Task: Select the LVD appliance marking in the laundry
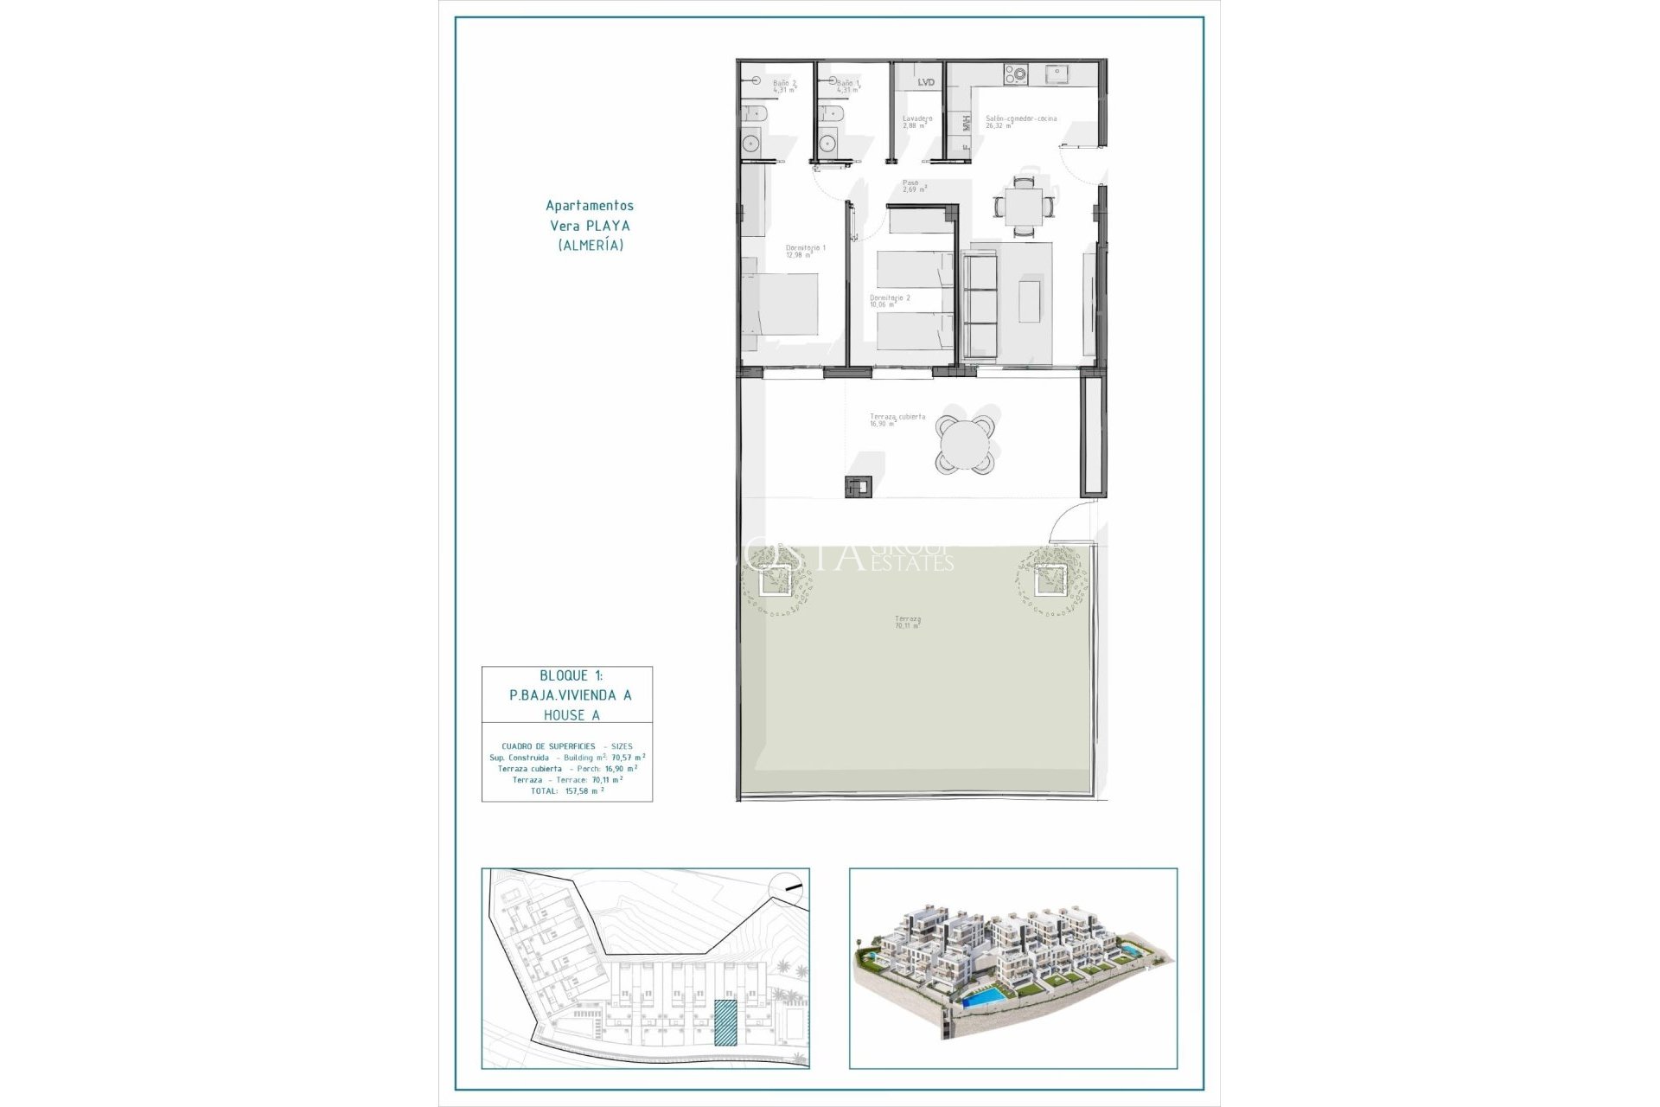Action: tap(926, 82)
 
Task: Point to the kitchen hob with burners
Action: tap(1014, 75)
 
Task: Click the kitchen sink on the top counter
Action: tap(1057, 74)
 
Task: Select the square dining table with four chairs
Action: tap(1024, 207)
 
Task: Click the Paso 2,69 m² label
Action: tap(913, 185)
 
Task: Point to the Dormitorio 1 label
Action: tap(805, 251)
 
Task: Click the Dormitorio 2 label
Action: tap(889, 300)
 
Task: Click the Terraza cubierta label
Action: tap(897, 419)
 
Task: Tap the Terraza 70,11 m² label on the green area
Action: tap(907, 621)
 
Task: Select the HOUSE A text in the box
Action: tap(571, 715)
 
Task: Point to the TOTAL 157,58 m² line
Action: tap(567, 790)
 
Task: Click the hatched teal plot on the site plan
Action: tap(725, 1023)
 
